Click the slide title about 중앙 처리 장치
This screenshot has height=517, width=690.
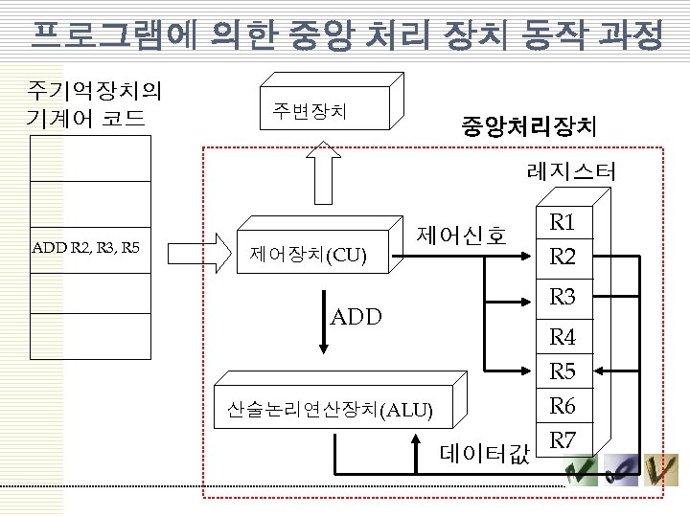[x=345, y=36]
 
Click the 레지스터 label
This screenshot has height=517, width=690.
[x=571, y=173]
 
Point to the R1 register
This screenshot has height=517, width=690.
[x=563, y=224]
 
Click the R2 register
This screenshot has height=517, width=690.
[x=563, y=257]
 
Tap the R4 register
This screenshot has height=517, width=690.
[x=563, y=337]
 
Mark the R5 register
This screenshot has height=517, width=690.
[x=563, y=371]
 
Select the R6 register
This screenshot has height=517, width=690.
[x=563, y=406]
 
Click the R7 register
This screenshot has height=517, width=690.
[x=563, y=439]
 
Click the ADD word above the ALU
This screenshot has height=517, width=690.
[x=356, y=317]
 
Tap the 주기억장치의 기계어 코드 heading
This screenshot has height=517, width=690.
[x=94, y=104]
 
